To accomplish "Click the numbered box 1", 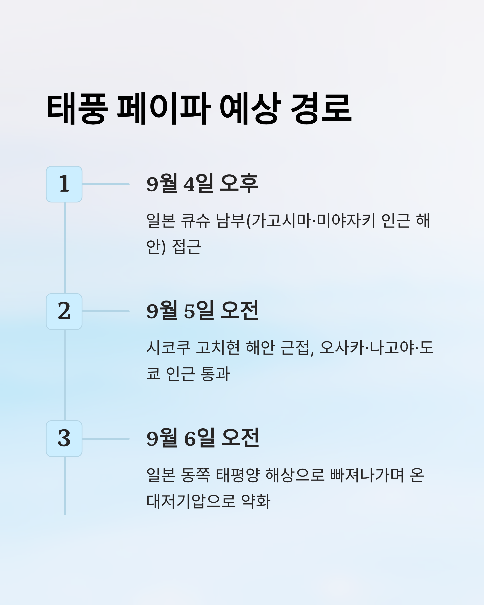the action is pyautogui.click(x=64, y=184).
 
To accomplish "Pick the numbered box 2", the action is pyautogui.click(x=64, y=312).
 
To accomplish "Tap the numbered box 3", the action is pyautogui.click(x=64, y=439).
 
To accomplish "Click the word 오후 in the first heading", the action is pyautogui.click(x=239, y=184).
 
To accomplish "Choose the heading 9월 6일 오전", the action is pyautogui.click(x=203, y=438).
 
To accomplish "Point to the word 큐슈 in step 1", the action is pyautogui.click(x=195, y=221).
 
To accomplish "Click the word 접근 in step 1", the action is pyautogui.click(x=186, y=247).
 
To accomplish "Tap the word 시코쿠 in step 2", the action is pyautogui.click(x=168, y=348).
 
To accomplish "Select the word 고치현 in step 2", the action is pyautogui.click(x=218, y=348).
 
